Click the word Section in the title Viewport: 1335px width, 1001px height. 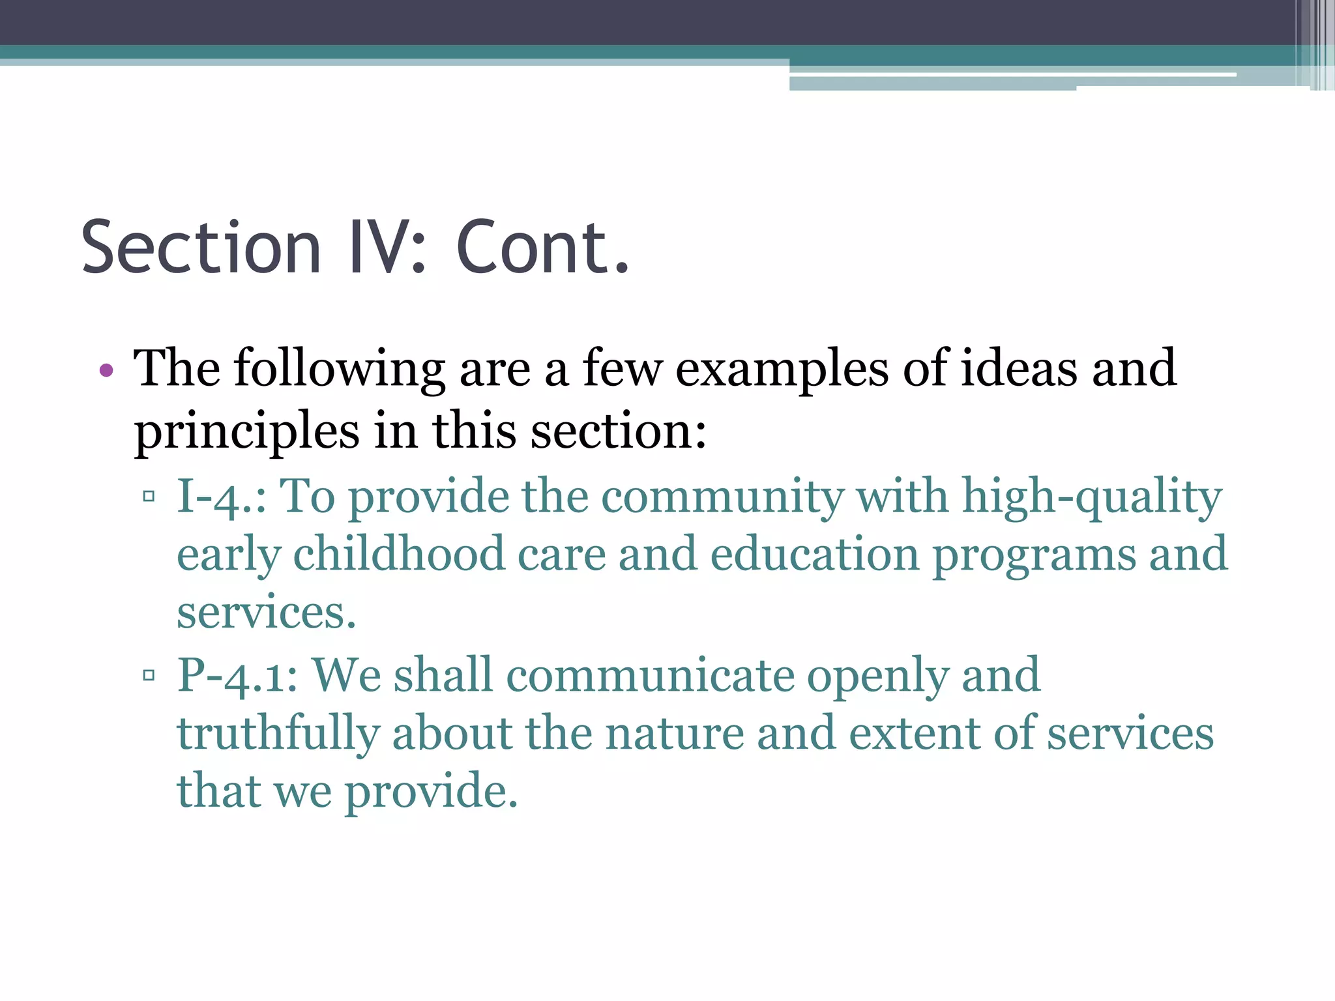point(201,248)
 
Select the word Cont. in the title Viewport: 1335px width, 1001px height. point(542,248)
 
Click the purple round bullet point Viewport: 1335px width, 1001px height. point(106,371)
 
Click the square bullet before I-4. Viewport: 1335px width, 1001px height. point(149,497)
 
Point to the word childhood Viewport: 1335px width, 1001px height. point(399,554)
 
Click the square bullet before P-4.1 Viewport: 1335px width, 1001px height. point(149,675)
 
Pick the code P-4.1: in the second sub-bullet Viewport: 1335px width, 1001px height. point(238,675)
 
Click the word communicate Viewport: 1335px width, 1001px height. point(650,675)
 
